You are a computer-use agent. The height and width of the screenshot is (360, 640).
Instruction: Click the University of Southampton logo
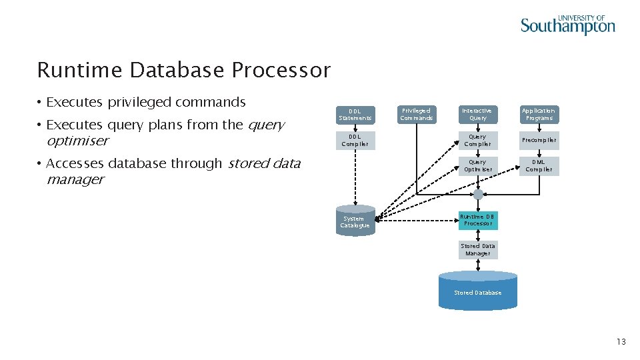click(567, 25)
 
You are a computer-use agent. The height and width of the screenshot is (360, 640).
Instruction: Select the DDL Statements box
click(355, 115)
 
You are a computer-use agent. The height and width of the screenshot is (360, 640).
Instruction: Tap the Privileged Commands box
click(416, 115)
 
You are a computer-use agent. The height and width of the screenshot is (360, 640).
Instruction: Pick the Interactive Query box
click(478, 115)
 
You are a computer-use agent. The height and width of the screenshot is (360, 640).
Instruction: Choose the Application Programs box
click(539, 115)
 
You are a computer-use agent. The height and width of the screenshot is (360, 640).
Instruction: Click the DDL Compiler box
click(355, 141)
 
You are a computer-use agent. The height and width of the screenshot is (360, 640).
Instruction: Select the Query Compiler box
click(478, 141)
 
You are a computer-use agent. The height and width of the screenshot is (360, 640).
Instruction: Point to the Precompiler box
click(539, 141)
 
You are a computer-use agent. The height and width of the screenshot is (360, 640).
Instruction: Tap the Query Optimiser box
click(478, 166)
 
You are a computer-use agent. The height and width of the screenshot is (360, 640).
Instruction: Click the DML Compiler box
click(539, 166)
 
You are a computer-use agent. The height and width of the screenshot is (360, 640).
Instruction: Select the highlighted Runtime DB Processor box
click(478, 220)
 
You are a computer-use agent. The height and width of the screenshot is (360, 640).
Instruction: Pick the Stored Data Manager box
click(478, 250)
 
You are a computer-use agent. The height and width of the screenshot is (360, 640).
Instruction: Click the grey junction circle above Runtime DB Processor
click(478, 195)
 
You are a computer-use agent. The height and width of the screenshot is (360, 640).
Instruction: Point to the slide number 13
click(621, 342)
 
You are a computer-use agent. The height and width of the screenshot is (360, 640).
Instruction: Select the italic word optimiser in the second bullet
click(77, 141)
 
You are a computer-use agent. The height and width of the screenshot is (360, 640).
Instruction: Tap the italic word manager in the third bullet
click(75, 179)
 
